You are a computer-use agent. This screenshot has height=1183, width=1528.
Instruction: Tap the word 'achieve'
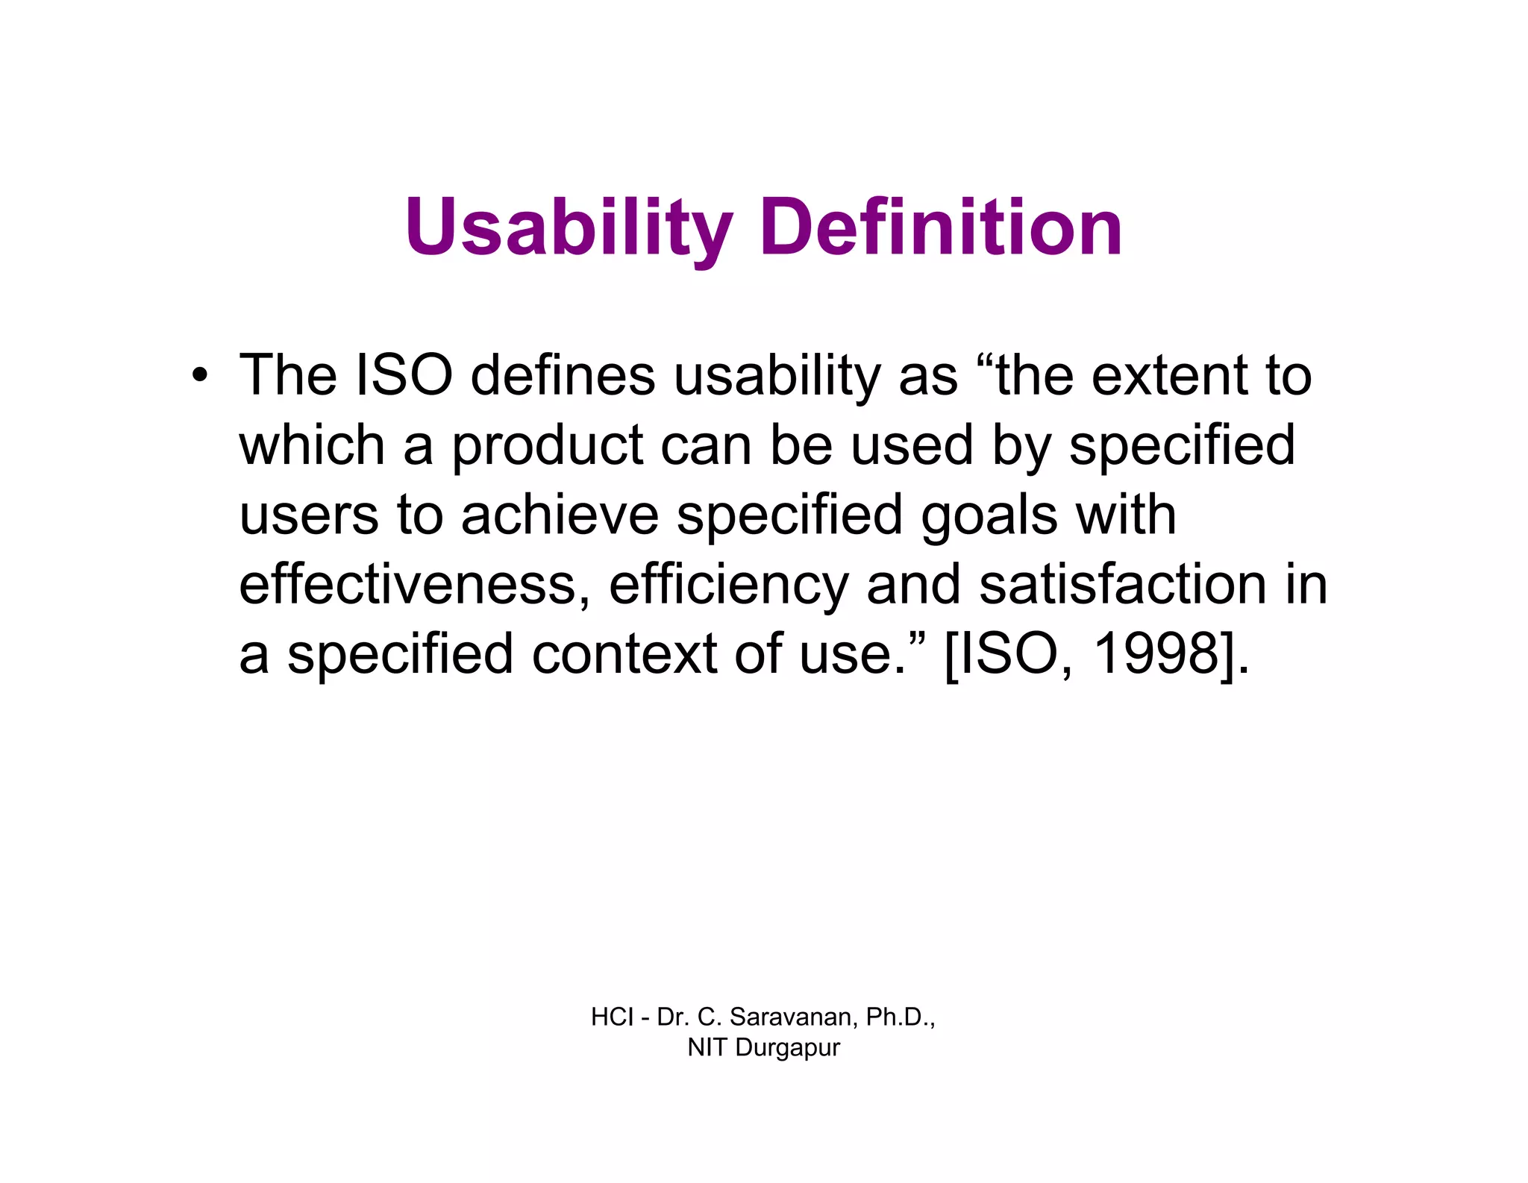tap(560, 515)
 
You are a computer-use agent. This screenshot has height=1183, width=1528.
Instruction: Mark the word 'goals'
tap(989, 515)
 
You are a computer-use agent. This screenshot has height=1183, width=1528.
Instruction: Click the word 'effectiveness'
tap(407, 584)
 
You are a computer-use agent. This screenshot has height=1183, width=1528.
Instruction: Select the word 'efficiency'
tap(728, 584)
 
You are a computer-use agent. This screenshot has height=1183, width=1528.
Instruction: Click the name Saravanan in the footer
tap(794, 1017)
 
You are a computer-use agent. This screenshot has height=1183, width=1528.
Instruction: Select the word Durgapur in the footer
tap(787, 1048)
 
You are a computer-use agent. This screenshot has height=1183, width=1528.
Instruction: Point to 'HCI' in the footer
tap(612, 1017)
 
